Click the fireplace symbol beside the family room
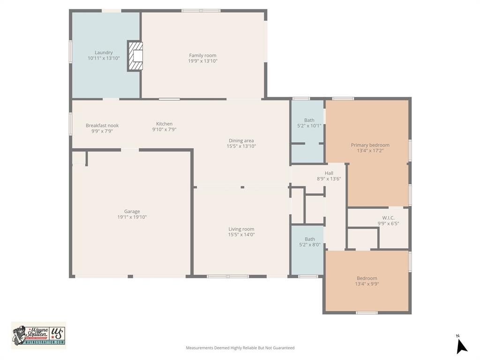point(135,56)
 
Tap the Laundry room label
point(104,52)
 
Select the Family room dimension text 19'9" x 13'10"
point(202,61)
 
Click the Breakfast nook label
point(102,125)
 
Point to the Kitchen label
point(164,124)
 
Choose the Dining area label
point(241,141)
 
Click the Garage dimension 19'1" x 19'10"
point(132,217)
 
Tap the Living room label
point(241,229)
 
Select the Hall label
point(329,173)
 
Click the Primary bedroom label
point(370,145)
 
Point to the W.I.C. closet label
point(388,217)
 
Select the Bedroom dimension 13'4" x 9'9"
point(367,284)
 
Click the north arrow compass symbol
point(462,345)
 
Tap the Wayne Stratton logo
point(38,335)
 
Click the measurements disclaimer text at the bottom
point(240,348)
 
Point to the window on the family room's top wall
point(201,10)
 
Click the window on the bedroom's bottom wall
point(367,312)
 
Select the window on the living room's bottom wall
point(228,277)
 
